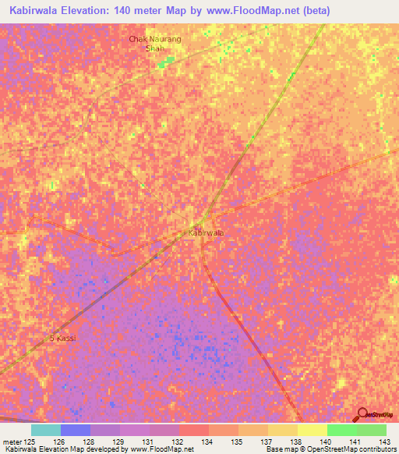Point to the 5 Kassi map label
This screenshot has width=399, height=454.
(62, 338)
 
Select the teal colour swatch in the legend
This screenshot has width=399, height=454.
(46, 430)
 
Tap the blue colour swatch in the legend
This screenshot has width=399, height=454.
(76, 430)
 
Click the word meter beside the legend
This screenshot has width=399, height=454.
(10, 442)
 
